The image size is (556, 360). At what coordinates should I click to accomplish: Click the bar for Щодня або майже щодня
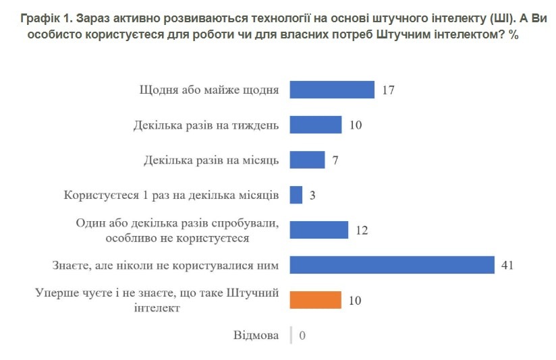tap(331, 90)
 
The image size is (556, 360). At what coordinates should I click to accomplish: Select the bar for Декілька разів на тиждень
tap(315, 125)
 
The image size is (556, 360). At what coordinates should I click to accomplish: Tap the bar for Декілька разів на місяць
tap(307, 160)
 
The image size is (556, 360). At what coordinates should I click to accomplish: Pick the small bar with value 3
tap(296, 195)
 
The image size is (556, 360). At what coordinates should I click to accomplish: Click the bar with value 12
tap(318, 230)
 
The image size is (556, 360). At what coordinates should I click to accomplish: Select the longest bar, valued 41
tap(392, 265)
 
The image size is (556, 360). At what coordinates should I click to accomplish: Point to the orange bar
tap(315, 300)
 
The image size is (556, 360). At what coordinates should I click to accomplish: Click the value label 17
tap(387, 90)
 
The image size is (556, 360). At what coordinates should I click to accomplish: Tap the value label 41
tap(507, 266)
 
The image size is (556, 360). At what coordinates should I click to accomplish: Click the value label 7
tap(335, 160)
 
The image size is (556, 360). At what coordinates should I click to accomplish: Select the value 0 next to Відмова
tap(302, 336)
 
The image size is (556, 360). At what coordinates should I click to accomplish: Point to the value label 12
tap(361, 231)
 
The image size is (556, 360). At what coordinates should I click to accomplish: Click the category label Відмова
tap(256, 335)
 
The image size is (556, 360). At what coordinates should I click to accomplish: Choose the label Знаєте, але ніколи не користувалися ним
tap(167, 266)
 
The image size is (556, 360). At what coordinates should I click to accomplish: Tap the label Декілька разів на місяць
tap(211, 160)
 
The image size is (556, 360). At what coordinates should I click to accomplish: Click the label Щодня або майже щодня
tap(209, 90)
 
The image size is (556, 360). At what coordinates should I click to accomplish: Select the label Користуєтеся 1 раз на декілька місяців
tap(171, 196)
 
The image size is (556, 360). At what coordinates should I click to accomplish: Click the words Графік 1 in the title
tap(44, 20)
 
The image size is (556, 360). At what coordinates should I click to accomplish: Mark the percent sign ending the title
tap(513, 35)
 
